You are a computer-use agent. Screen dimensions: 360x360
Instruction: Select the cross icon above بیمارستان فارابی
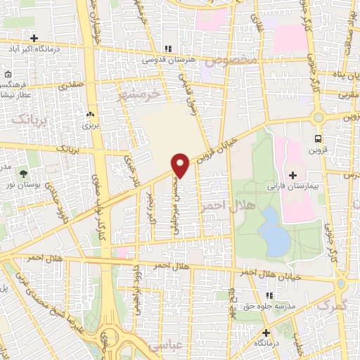click(292, 175)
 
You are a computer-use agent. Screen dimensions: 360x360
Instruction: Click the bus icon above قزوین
click(319, 139)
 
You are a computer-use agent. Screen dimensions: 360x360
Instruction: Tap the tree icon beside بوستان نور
click(24, 172)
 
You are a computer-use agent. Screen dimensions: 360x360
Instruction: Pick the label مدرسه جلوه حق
click(255, 306)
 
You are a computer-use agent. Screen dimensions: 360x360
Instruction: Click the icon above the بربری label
click(89, 115)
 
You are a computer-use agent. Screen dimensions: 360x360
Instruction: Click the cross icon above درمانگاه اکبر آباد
click(33, 38)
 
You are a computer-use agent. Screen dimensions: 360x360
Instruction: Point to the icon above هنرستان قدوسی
click(168, 49)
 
